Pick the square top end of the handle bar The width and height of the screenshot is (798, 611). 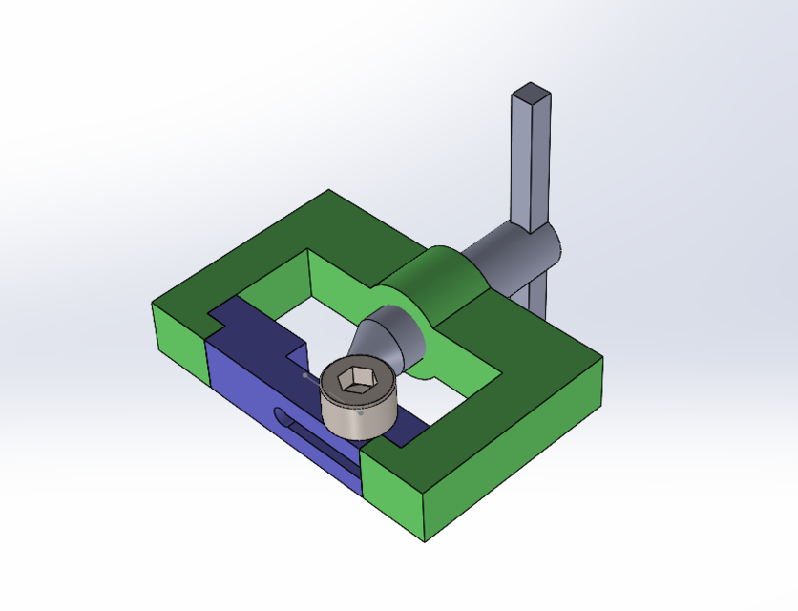pos(532,95)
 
